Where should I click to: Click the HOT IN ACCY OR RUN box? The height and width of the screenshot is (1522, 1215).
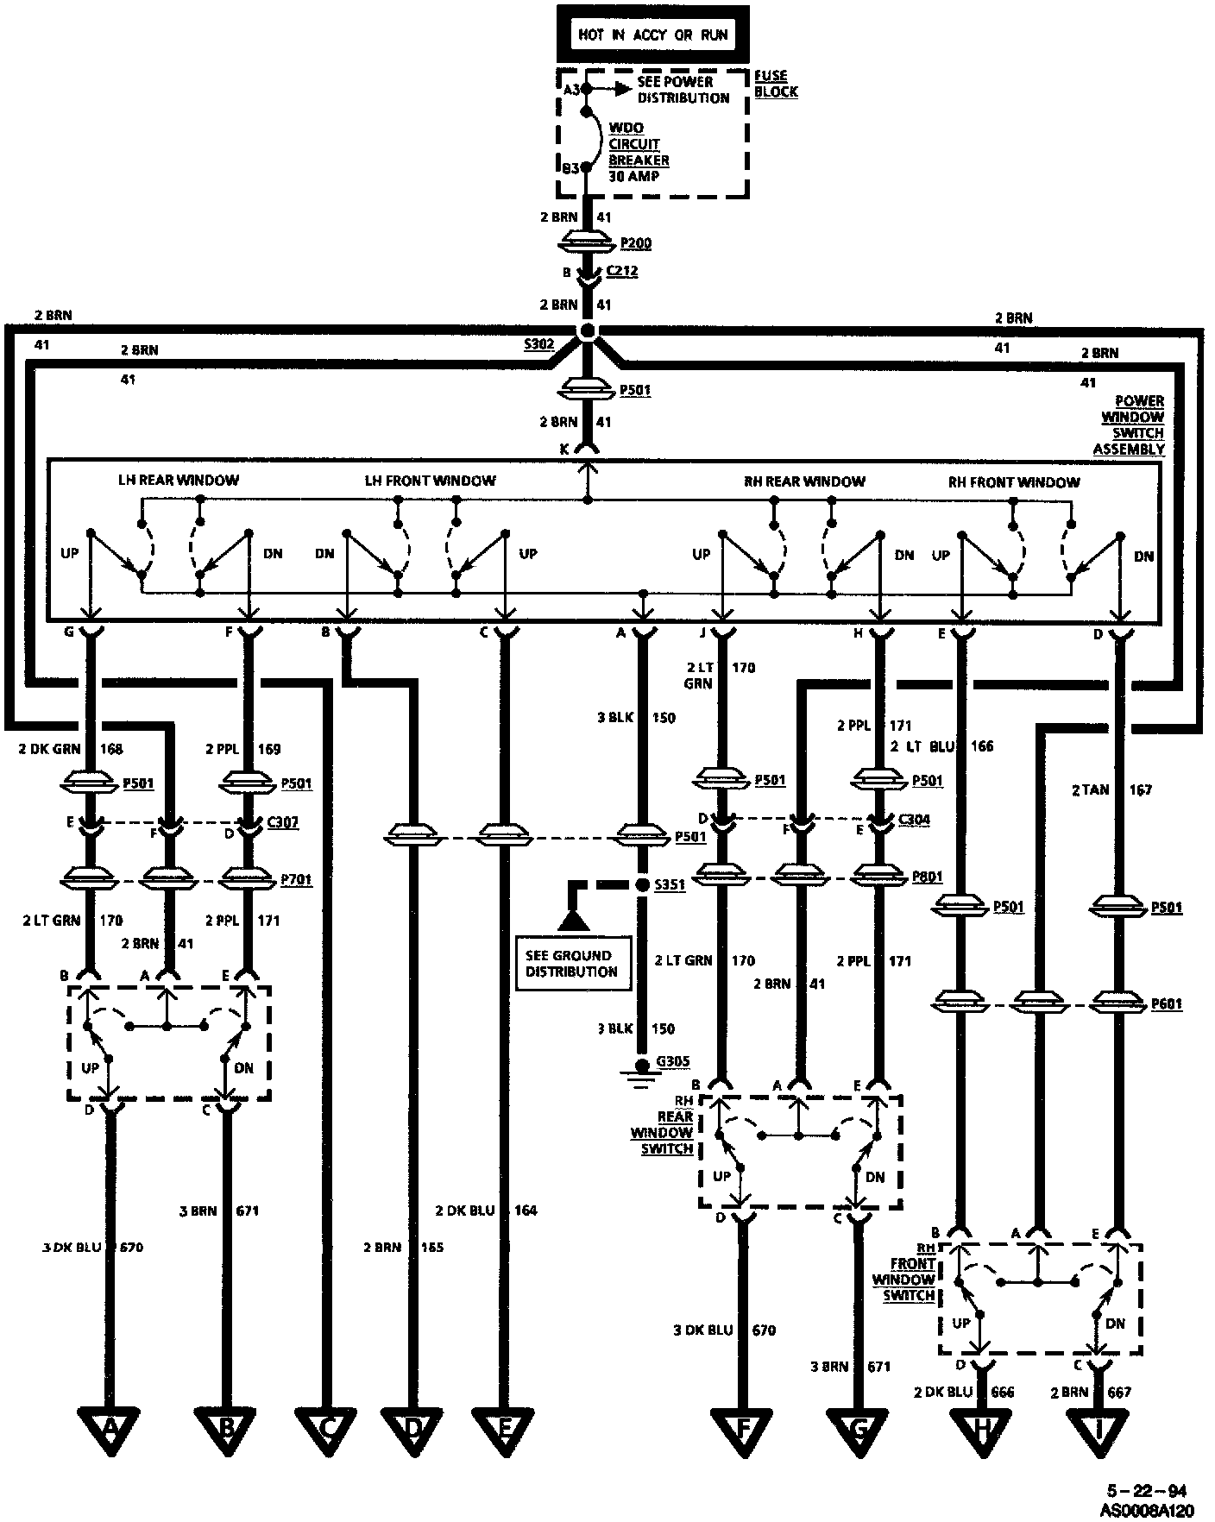[652, 35]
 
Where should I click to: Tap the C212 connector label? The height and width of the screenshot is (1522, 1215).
[621, 271]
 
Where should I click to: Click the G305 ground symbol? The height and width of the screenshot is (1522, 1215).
[639, 1075]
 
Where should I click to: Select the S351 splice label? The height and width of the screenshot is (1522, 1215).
[670, 885]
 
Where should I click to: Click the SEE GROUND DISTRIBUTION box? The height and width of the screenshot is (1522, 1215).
[571, 963]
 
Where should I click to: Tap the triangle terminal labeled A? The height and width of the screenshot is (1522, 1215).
[110, 1430]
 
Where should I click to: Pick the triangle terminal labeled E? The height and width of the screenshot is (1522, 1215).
[505, 1430]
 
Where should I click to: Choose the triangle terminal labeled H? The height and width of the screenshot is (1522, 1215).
[981, 1430]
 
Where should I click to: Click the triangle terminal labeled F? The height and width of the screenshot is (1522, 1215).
[742, 1430]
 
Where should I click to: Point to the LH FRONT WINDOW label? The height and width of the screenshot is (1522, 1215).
[430, 481]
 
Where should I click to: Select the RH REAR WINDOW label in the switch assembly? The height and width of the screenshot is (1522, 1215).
[804, 481]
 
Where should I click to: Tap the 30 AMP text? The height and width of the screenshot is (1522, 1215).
[633, 177]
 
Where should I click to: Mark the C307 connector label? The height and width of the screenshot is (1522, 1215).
[283, 822]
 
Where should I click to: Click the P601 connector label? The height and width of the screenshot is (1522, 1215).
[1167, 1004]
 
